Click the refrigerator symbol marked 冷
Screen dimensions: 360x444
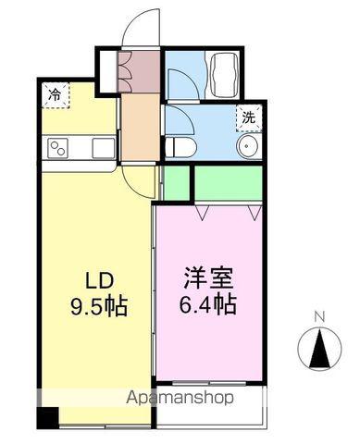pos(56,95)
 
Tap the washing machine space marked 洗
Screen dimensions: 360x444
pos(249,118)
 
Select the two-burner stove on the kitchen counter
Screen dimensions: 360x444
pos(57,149)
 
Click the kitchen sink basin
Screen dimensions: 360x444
pos(104,148)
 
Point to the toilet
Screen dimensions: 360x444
pos(180,147)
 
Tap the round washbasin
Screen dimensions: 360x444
pos(248,146)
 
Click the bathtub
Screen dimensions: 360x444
pos(223,74)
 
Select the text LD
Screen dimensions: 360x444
pos(100,281)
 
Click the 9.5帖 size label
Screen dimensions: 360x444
pos(99,306)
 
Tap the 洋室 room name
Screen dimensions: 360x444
pos(208,277)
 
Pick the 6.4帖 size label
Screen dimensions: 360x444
pos(207,304)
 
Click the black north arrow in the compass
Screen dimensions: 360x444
pos(320,349)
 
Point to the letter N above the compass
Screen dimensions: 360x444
pos(320,316)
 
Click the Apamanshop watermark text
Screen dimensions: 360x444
pos(180,398)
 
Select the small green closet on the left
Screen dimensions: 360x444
pos(176,183)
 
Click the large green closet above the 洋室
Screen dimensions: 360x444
pos(229,183)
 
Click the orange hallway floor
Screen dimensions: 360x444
pos(141,127)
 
